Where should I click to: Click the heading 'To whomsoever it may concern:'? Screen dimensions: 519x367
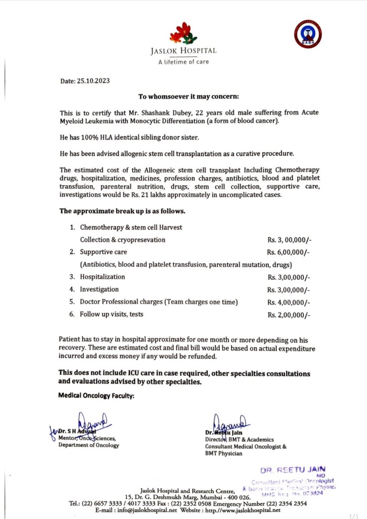pyautogui.click(x=183, y=96)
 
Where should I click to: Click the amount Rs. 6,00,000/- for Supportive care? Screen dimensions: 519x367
pyautogui.click(x=288, y=252)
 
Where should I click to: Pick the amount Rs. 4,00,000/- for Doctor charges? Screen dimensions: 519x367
pyautogui.click(x=288, y=302)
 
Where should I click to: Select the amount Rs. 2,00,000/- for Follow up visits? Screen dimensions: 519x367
pyautogui.click(x=288, y=314)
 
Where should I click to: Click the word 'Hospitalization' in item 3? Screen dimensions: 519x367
pyautogui.click(x=102, y=277)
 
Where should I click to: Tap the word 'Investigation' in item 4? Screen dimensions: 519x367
pyautogui.click(x=99, y=289)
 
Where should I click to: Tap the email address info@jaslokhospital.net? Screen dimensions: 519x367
pyautogui.click(x=143, y=510)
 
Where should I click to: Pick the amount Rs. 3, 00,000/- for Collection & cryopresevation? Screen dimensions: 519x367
pyautogui.click(x=288, y=240)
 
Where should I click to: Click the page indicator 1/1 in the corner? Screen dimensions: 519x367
pyautogui.click(x=356, y=515)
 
